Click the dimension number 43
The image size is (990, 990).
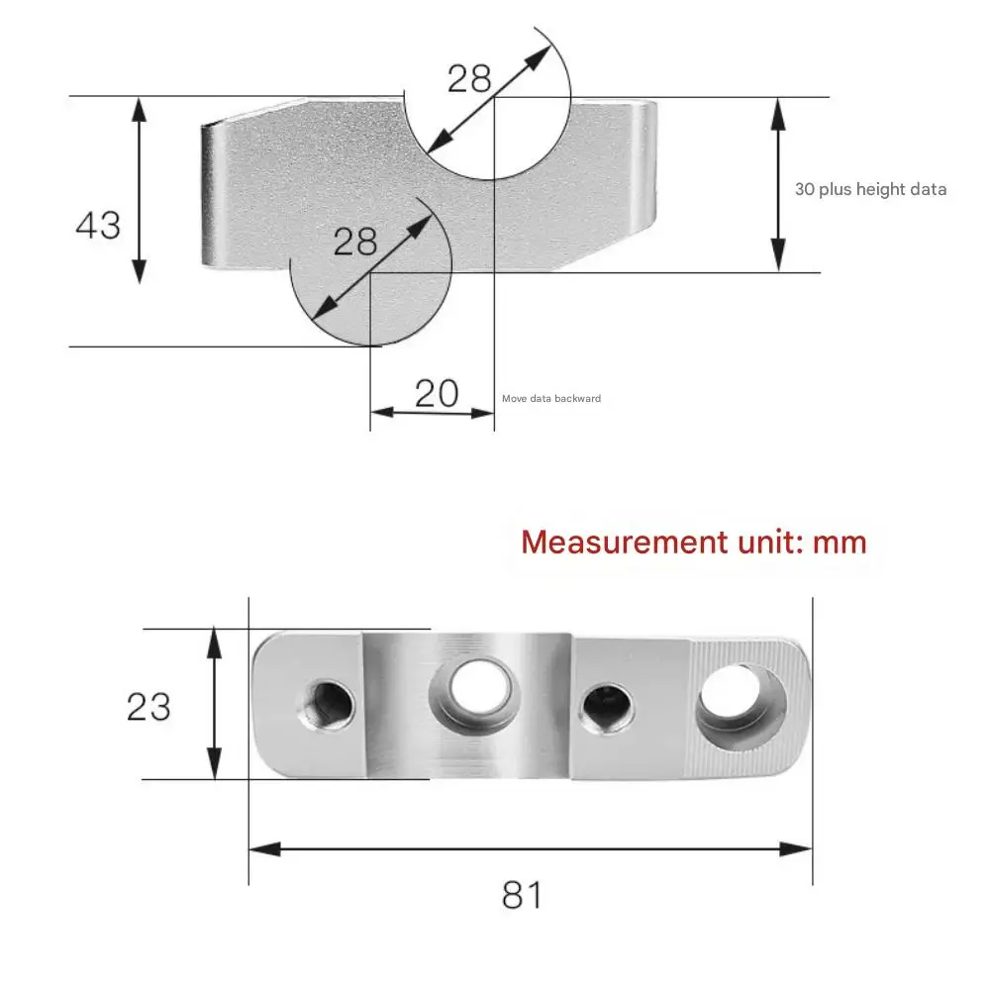98,226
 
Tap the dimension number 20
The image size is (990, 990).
437,393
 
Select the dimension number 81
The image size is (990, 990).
522,895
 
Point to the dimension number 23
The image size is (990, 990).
148,707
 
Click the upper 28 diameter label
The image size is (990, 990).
469,79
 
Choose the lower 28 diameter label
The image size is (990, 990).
354,242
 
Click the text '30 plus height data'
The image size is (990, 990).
870,189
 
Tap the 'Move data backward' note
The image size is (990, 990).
551,398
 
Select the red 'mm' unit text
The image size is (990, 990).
840,544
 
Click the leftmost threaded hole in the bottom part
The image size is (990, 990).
326,705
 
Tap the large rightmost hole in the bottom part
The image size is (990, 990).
741,707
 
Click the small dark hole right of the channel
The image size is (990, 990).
607,708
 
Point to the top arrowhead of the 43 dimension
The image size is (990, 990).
140,109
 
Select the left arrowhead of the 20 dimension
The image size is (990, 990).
382,413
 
